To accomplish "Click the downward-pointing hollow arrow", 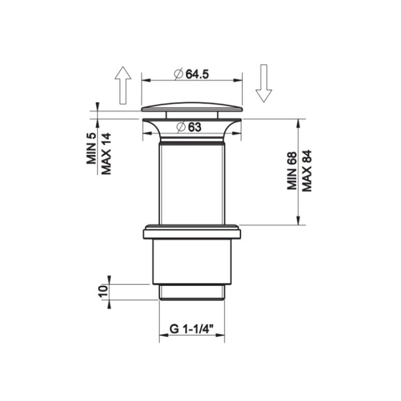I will tap(263, 84).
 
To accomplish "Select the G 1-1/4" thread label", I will tap(192, 329).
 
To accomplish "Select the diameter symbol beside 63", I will tap(180, 127).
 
